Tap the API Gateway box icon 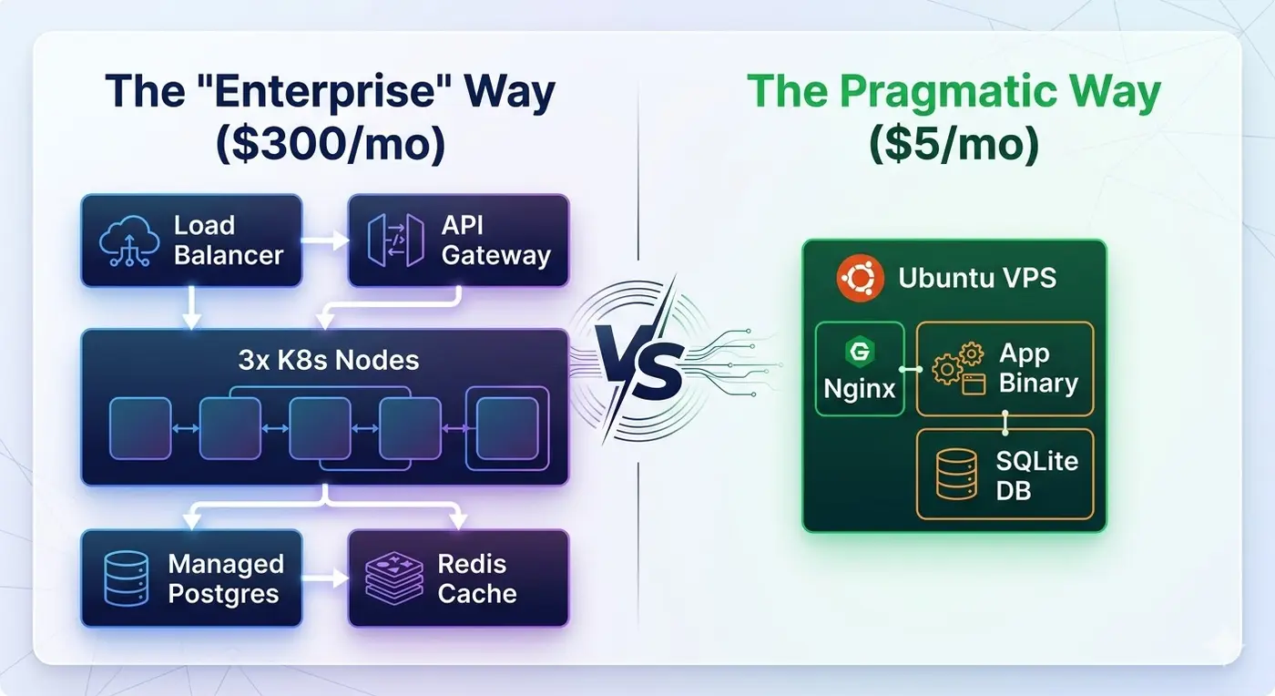coord(395,241)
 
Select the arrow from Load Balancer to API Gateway coord(324,241)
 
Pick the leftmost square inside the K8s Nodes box coord(140,428)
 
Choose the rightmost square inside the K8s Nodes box coord(507,428)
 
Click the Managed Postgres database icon coord(126,578)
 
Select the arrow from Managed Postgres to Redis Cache coord(324,578)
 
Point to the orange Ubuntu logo coord(861,278)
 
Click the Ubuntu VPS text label coord(977,278)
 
